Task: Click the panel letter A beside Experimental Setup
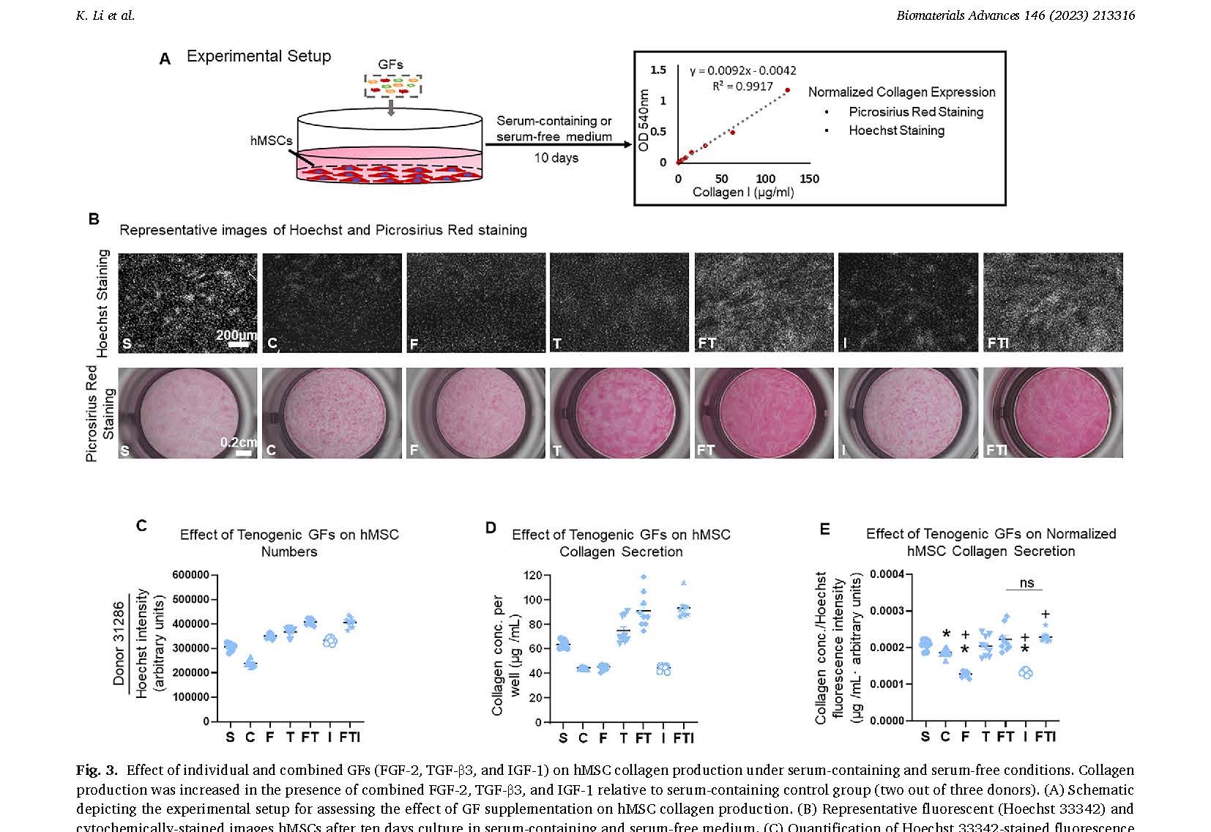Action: pos(165,59)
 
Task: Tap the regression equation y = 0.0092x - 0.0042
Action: pos(742,70)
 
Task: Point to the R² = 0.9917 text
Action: pos(742,86)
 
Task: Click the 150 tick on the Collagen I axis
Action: pos(809,179)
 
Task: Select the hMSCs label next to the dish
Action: pos(271,141)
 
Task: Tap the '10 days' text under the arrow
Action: pos(556,158)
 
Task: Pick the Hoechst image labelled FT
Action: pos(764,302)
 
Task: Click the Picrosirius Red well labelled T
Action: pos(619,413)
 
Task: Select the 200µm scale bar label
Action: pos(236,335)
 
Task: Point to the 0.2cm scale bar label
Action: pos(239,442)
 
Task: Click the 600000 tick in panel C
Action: pos(191,575)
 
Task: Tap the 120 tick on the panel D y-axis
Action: pos(533,576)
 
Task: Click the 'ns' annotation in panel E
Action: pos(1026,583)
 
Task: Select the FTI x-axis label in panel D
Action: pos(683,738)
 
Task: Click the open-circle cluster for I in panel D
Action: pos(663,669)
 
